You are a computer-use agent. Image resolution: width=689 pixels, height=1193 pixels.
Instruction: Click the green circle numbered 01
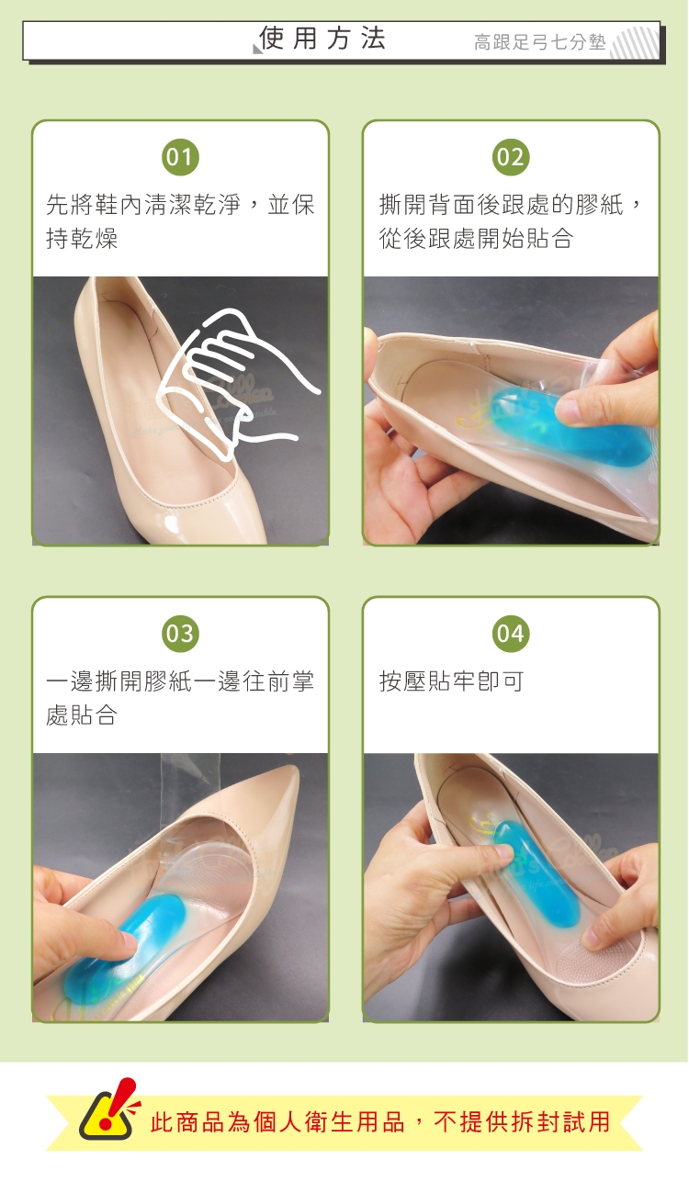point(180,158)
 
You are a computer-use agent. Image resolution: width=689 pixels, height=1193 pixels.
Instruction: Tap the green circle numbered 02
point(511,158)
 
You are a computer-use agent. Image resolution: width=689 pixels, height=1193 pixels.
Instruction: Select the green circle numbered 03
point(180,634)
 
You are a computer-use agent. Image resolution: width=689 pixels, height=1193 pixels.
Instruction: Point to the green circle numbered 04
point(511,634)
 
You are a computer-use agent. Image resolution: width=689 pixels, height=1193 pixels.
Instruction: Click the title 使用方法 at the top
point(322,39)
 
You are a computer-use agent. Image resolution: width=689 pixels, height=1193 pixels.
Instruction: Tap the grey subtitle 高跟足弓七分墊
point(540,42)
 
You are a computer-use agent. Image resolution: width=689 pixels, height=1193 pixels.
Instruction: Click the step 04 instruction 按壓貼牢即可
point(451,681)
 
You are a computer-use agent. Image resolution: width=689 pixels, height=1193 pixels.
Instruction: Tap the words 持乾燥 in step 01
point(82,238)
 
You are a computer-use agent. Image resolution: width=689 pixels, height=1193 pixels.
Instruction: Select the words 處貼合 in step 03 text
point(82,715)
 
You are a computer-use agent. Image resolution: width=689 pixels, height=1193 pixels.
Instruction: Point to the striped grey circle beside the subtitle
point(635,42)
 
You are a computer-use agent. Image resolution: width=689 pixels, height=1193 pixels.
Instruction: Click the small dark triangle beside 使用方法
point(257,49)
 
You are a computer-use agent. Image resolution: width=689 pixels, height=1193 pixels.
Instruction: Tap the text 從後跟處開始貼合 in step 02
point(476,238)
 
